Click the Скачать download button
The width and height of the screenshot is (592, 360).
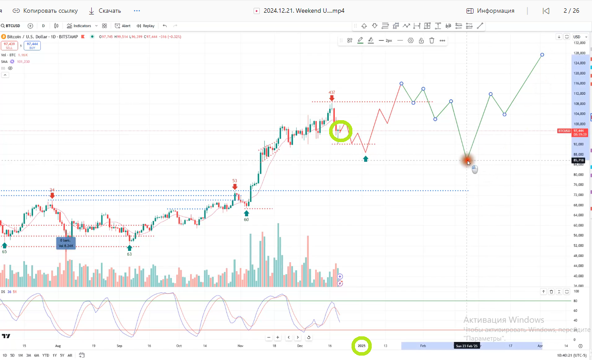(105, 11)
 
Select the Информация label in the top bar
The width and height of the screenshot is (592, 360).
(495, 11)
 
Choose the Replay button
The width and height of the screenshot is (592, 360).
(146, 26)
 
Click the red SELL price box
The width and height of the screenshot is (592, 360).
(9, 46)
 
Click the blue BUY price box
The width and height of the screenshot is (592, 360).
(32, 46)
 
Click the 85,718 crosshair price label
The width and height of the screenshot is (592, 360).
(578, 160)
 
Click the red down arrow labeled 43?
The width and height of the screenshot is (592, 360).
(332, 98)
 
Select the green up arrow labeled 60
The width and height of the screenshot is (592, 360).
(246, 213)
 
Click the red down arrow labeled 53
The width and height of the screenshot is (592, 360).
(235, 187)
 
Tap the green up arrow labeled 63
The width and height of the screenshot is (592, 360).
(129, 248)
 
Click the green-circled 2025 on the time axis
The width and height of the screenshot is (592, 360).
(362, 346)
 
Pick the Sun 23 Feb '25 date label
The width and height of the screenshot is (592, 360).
(466, 346)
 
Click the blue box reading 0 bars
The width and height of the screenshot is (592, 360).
(66, 243)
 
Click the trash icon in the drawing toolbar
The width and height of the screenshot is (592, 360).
(432, 40)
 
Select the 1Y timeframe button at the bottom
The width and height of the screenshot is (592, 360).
(54, 355)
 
